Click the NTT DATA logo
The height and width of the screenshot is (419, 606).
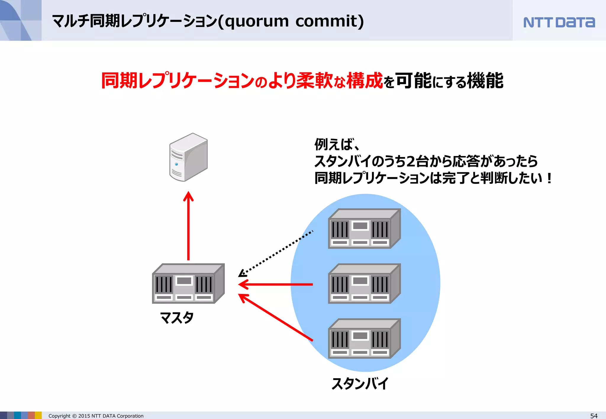tap(559, 22)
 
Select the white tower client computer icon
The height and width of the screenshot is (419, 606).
tap(188, 157)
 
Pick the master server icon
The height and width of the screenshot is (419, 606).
tap(188, 284)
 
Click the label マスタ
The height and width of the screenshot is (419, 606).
tap(177, 318)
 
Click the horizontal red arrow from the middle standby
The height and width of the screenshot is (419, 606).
tap(275, 284)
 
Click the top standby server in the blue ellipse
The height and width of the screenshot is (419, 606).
tap(364, 229)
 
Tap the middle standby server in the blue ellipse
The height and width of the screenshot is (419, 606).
tap(364, 284)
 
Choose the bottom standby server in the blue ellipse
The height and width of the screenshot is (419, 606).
tap(364, 339)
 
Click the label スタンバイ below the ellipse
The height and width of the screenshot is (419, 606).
tap(360, 384)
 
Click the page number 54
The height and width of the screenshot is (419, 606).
tap(594, 416)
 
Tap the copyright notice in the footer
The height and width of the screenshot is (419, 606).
tap(96, 416)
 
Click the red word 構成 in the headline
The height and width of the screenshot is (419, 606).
tap(365, 80)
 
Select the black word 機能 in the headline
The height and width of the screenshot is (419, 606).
tap(485, 80)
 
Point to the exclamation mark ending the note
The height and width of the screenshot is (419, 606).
tap(549, 178)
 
